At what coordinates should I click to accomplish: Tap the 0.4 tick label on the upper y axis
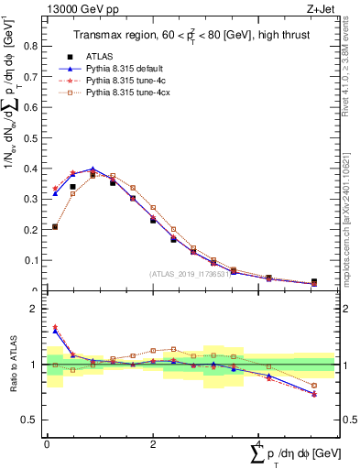point(34,169)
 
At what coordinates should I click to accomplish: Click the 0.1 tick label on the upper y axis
point(34,260)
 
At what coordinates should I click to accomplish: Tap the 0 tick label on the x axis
point(47,443)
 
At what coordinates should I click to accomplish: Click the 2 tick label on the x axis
point(152,443)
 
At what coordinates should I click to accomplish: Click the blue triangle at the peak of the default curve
point(93,169)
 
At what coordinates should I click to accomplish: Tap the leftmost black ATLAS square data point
point(55,226)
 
